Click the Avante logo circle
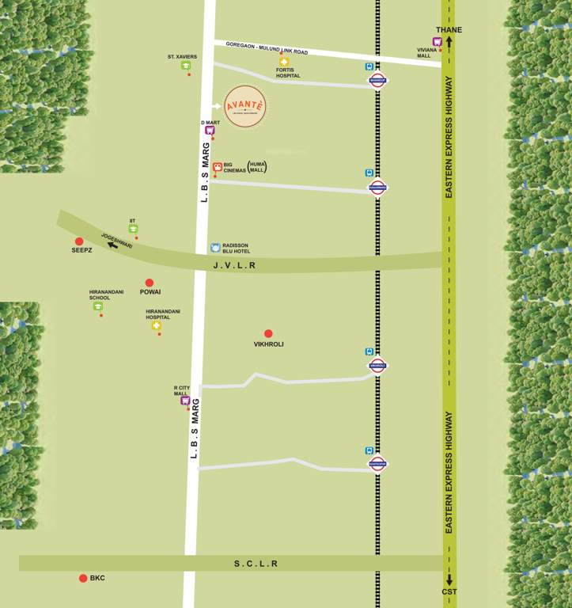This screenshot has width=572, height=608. pos(244,106)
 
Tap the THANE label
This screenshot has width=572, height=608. pos(449,30)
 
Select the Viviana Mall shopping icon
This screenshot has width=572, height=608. pos(436,42)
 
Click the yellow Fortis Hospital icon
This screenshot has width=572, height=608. pos(284,62)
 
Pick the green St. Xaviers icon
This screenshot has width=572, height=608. pos(186,66)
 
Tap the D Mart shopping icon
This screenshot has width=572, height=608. pos(210,130)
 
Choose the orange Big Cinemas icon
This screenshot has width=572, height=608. pos(217,167)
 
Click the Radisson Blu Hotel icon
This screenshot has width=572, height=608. pos(214,248)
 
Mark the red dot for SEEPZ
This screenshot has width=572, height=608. pos(79,241)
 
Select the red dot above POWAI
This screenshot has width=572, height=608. pos(149,283)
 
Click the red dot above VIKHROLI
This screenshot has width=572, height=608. pos(268,334)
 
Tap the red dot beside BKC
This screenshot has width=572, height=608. pos(83,578)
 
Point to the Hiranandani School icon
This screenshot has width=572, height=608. pos(98,306)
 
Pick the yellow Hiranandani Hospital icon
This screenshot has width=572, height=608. pos(157,325)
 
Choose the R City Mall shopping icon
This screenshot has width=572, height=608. pos(185,401)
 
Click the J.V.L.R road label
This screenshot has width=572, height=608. pos(235,266)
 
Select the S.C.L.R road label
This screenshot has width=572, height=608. pos(256,564)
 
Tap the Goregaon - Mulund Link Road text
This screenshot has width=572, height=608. pos(267,48)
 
